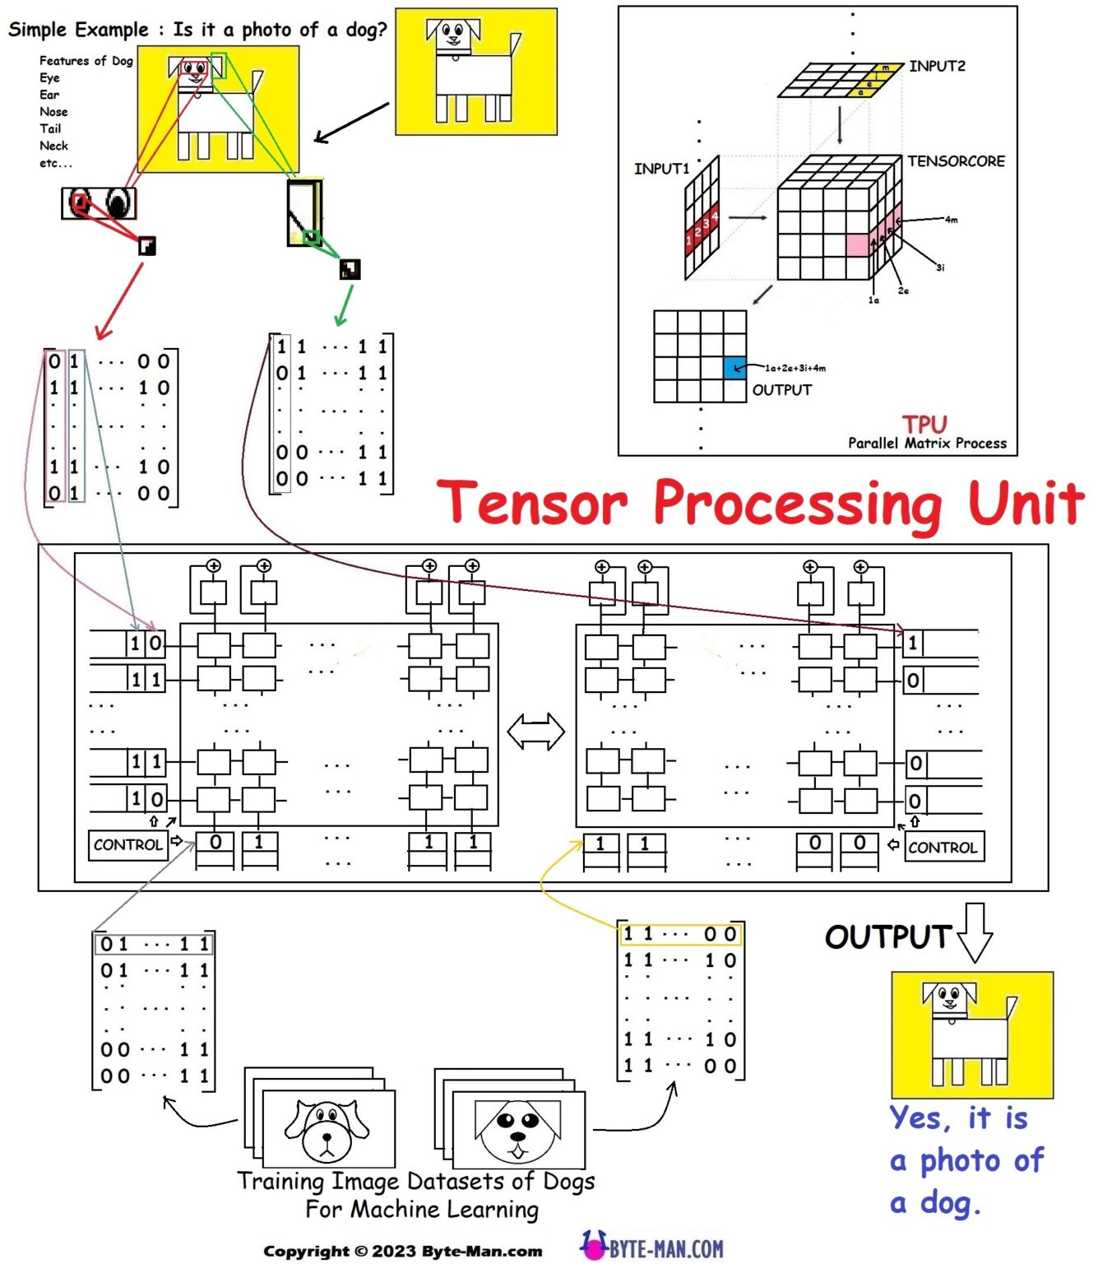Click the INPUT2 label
tap(937, 66)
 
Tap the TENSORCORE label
tap(956, 161)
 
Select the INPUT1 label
tap(661, 169)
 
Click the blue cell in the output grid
tap(734, 368)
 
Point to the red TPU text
tap(924, 425)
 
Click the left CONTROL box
tap(127, 845)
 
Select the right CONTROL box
tap(943, 848)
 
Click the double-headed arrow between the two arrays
tap(535, 732)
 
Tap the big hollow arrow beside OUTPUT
tap(975, 933)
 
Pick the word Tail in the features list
tap(50, 128)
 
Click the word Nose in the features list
tap(53, 112)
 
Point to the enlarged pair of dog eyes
tap(99, 203)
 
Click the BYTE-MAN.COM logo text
tap(666, 1249)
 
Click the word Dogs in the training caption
tap(568, 1182)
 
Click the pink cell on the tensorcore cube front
tap(858, 245)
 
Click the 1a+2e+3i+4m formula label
tap(795, 368)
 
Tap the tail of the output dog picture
tap(1011, 1007)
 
